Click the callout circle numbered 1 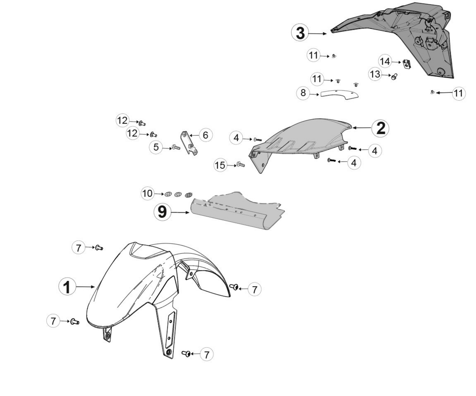[x=67, y=287]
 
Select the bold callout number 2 [x=380, y=128]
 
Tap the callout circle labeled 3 [x=300, y=33]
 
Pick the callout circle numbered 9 [x=162, y=212]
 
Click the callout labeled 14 [x=385, y=61]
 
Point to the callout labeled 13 [x=375, y=74]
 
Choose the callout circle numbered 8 [x=303, y=93]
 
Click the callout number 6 [x=205, y=135]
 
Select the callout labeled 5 [x=156, y=147]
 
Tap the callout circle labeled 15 [x=220, y=165]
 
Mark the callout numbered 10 [x=147, y=194]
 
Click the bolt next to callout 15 [x=241, y=164]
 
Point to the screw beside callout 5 [x=176, y=147]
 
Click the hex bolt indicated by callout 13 [x=394, y=76]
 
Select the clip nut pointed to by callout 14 [x=407, y=64]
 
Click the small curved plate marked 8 [x=340, y=95]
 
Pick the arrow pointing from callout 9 [x=180, y=213]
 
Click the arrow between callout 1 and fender [x=85, y=287]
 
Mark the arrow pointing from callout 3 [x=318, y=34]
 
